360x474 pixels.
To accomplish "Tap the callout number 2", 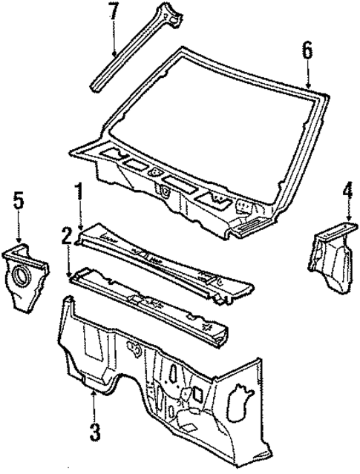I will (67, 237).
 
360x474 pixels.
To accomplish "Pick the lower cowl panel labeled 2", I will (148, 300).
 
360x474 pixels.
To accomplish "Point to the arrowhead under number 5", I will (19, 246).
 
